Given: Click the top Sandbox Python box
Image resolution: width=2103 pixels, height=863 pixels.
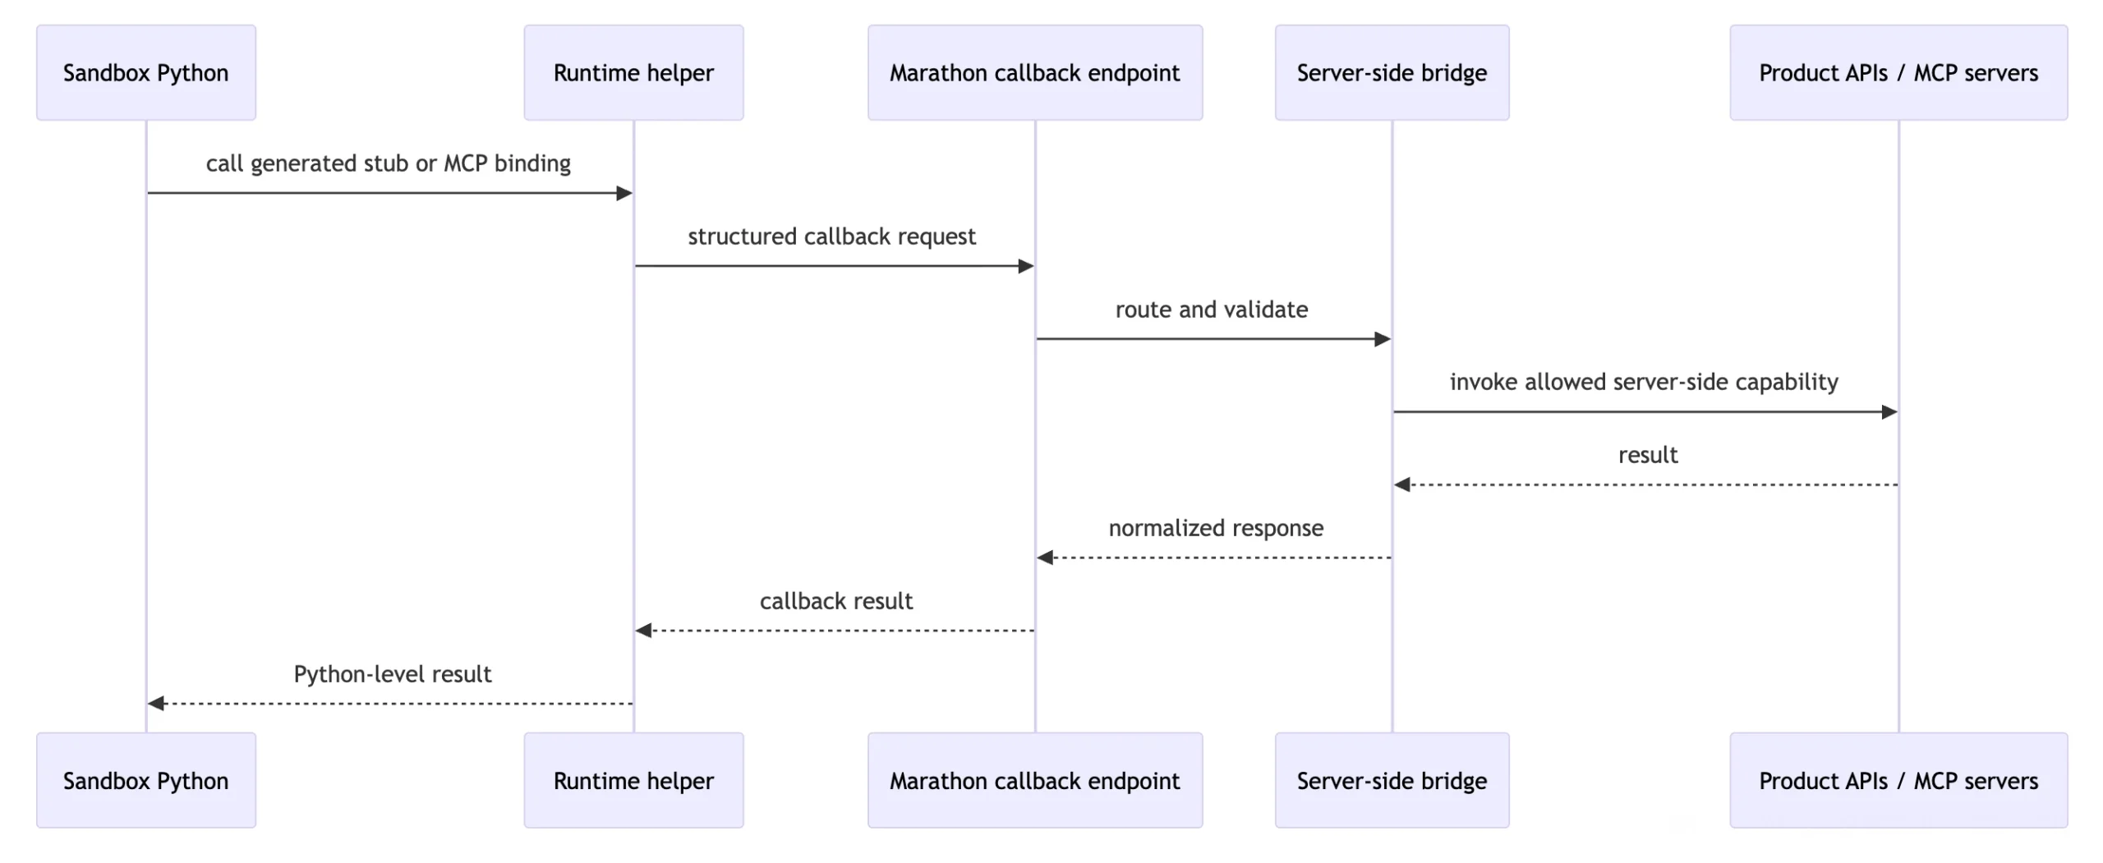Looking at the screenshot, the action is pyautogui.click(x=146, y=72).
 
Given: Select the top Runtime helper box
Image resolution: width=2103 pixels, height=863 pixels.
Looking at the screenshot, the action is pyautogui.click(x=633, y=72).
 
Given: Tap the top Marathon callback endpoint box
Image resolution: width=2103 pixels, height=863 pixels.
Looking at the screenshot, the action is pyautogui.click(x=1035, y=72).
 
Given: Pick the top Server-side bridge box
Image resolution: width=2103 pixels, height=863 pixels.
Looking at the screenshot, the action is pyautogui.click(x=1392, y=72).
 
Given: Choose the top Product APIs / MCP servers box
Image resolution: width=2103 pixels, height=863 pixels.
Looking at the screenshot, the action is pyautogui.click(x=1898, y=72).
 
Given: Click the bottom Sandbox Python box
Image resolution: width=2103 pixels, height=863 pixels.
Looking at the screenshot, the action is pyautogui.click(x=146, y=780).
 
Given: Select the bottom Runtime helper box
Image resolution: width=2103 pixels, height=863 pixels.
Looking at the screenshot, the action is pyautogui.click(x=633, y=780).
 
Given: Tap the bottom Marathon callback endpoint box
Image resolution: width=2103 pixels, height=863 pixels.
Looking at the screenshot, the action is pyautogui.click(x=1035, y=780).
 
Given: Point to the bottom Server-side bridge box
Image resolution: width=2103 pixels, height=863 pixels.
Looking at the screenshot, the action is pyautogui.click(x=1392, y=780).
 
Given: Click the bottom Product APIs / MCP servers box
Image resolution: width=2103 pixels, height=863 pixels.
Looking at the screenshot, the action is pyautogui.click(x=1898, y=780).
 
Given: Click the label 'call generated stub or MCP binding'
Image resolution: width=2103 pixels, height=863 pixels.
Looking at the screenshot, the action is pyautogui.click(x=389, y=163).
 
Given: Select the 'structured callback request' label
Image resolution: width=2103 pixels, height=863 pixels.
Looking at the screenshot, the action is pyautogui.click(x=831, y=236).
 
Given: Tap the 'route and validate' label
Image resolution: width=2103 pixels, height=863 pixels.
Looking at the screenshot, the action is pyautogui.click(x=1212, y=310).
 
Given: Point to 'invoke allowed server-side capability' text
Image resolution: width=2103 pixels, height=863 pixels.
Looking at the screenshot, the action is pyautogui.click(x=1644, y=382).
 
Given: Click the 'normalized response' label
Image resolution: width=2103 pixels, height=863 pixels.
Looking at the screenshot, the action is pyautogui.click(x=1216, y=528).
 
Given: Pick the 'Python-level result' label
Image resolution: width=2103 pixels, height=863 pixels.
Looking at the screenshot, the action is pyautogui.click(x=393, y=674).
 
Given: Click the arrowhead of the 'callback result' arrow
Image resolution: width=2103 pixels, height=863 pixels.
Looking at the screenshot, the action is pyautogui.click(x=643, y=631).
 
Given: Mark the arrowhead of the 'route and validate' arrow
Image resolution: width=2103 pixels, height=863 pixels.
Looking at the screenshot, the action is pyautogui.click(x=1383, y=338).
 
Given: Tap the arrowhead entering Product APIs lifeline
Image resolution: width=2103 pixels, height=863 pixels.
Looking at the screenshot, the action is pyautogui.click(x=1889, y=411).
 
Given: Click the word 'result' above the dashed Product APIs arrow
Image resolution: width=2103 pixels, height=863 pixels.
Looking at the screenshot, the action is pyautogui.click(x=1648, y=455).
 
